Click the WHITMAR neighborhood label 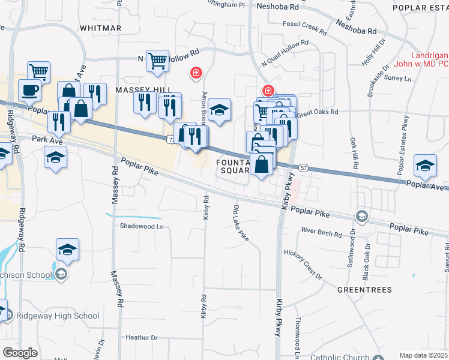click(x=100, y=28)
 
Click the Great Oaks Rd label click(x=317, y=112)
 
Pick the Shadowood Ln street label click(x=142, y=227)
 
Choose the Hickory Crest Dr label click(x=303, y=264)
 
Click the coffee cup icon click(x=29, y=90)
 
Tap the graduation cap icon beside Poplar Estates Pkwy click(x=425, y=166)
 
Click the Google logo click(x=20, y=353)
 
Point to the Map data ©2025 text click(x=423, y=355)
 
